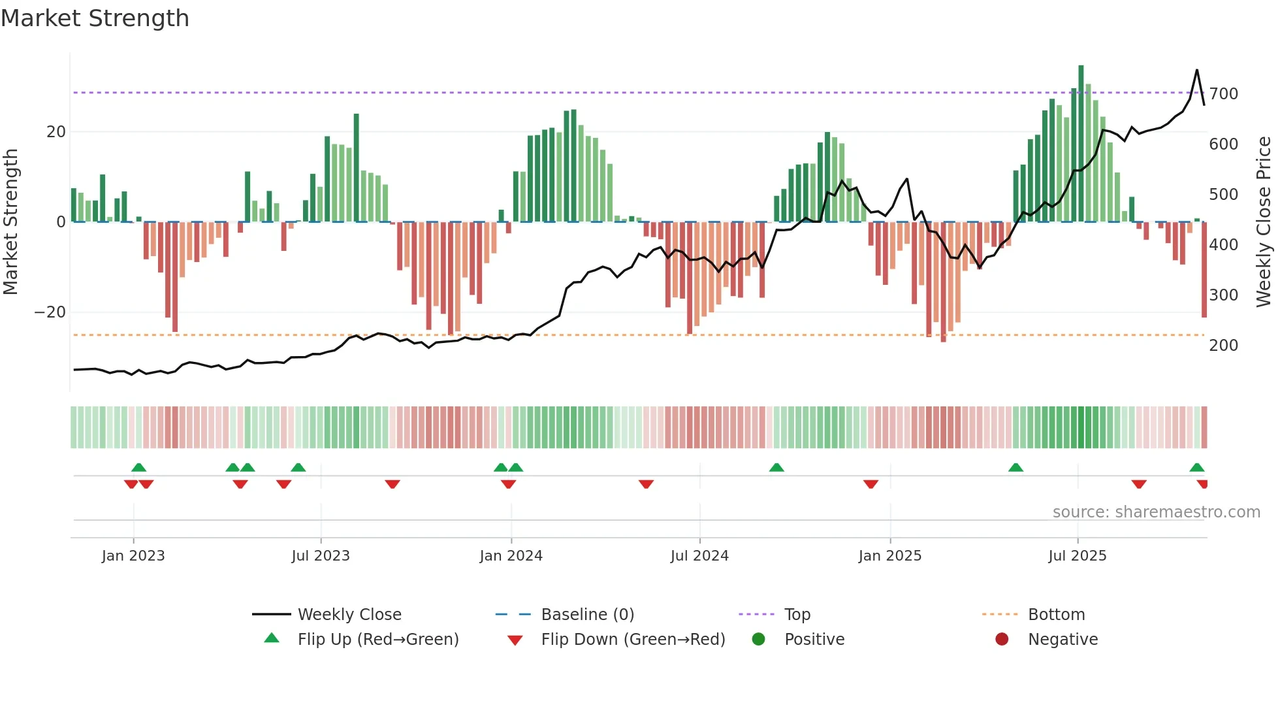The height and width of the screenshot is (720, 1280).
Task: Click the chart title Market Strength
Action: [95, 18]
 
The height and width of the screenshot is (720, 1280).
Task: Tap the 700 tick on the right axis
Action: [1223, 94]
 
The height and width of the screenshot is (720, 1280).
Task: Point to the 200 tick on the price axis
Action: [1223, 346]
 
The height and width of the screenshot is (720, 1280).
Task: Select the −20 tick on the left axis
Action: [50, 312]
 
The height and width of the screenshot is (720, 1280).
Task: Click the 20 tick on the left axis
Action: [56, 132]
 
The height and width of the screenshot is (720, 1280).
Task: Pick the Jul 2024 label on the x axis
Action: [699, 556]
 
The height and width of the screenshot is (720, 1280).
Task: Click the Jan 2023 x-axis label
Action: [133, 556]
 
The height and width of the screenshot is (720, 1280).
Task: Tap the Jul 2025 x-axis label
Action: [1078, 556]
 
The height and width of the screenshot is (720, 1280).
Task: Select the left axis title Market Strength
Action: [11, 222]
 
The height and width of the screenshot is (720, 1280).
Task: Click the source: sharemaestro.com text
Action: [1156, 512]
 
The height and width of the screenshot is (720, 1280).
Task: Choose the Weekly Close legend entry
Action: [349, 615]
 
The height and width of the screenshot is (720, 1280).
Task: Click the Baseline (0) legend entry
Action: [587, 615]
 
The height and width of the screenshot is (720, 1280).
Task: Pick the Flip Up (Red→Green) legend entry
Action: [377, 640]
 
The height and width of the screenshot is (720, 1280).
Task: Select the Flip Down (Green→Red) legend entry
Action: [633, 640]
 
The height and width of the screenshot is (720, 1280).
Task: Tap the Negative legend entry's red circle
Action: [1002, 640]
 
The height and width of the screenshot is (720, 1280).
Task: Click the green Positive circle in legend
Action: [758, 640]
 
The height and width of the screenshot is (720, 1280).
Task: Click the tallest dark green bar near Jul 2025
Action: [1081, 144]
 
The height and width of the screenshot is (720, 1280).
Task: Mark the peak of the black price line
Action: [1197, 70]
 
